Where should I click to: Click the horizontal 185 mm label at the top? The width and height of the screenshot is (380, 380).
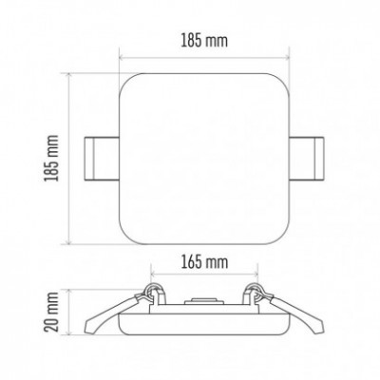click(x=204, y=41)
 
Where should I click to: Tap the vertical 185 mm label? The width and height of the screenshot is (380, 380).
click(x=51, y=158)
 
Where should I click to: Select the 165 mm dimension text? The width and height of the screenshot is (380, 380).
click(x=204, y=262)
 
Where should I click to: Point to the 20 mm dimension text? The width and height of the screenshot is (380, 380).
click(x=51, y=312)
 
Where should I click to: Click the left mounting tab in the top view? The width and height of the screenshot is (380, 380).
click(x=102, y=159)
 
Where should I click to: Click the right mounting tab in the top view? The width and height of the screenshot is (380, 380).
click(x=306, y=159)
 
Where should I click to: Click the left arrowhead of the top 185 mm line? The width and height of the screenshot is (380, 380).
click(x=121, y=58)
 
